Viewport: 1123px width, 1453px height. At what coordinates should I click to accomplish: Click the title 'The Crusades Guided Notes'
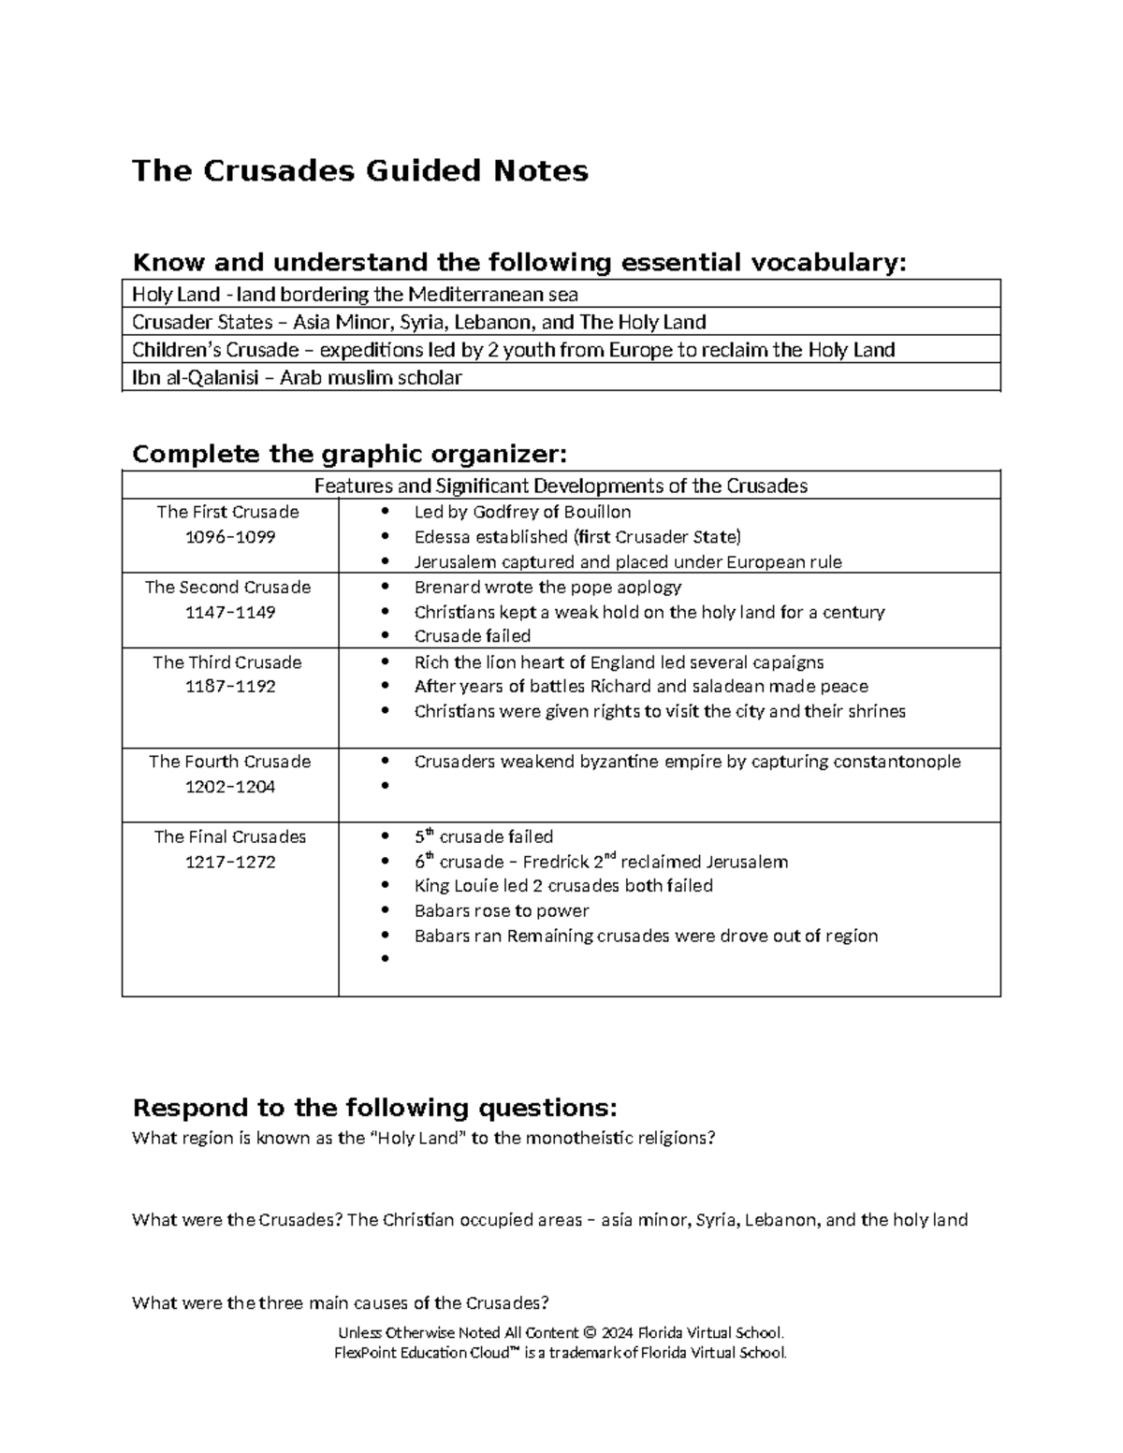click(360, 171)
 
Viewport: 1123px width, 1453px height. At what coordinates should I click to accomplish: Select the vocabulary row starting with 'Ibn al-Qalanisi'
click(297, 378)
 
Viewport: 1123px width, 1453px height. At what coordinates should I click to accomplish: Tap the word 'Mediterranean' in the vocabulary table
click(474, 295)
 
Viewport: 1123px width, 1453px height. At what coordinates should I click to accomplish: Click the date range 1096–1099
click(230, 537)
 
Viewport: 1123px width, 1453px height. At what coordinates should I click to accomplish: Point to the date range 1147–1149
click(230, 612)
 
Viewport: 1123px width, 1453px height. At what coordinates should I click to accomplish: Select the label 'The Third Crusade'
click(227, 662)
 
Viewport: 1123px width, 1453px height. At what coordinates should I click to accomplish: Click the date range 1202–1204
click(230, 787)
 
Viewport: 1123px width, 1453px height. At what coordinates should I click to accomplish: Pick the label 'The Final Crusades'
click(230, 836)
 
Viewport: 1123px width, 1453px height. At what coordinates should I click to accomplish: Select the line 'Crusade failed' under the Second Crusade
click(473, 636)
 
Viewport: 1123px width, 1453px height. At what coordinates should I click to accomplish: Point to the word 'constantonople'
click(897, 762)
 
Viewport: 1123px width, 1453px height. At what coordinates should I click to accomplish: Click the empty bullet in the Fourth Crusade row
click(385, 788)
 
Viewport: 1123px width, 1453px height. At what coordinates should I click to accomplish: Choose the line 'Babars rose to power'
click(502, 911)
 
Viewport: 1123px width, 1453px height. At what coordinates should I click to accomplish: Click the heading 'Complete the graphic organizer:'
click(350, 455)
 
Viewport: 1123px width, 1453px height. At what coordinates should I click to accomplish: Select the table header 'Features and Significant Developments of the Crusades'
click(561, 486)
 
